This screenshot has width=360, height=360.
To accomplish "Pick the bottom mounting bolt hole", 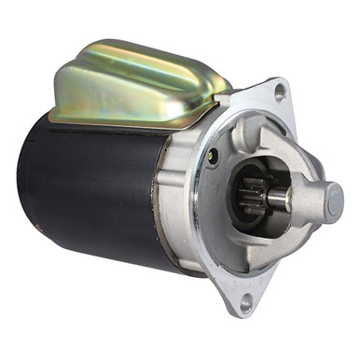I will click(x=246, y=300).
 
